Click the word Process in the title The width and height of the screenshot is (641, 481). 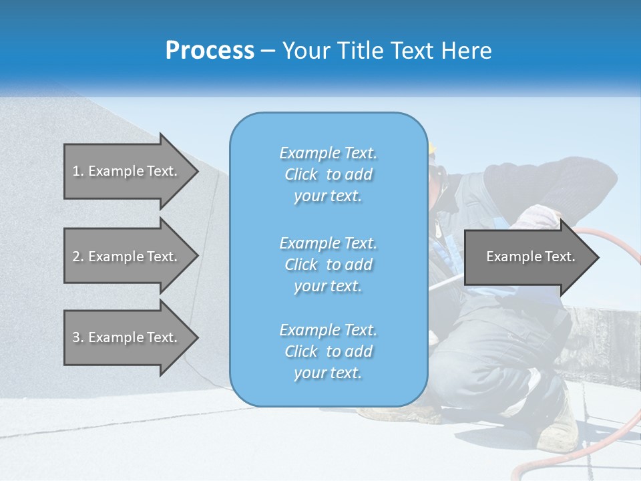coord(210,51)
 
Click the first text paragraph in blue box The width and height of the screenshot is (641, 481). coord(328,174)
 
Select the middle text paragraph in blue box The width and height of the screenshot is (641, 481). coord(328,265)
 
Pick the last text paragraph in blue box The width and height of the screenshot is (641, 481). coord(328,351)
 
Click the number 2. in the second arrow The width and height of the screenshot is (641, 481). coord(78,257)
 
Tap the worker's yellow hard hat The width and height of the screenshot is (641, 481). coord(432,148)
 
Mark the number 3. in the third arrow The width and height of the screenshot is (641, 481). coord(78,337)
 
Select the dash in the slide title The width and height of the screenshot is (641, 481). coord(268,51)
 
